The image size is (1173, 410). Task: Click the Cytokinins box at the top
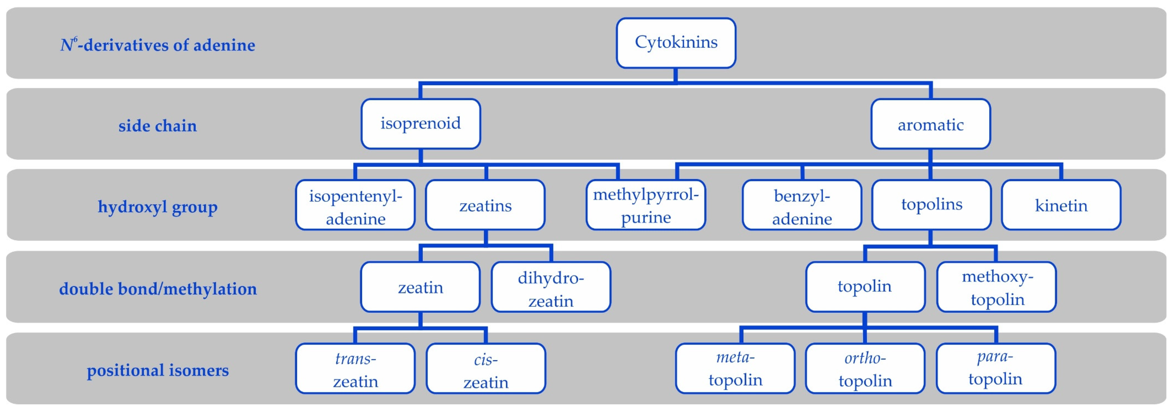(x=676, y=43)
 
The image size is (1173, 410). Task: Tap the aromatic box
(x=930, y=124)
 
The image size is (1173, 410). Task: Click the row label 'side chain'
(x=157, y=126)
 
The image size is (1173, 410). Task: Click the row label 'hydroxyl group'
(x=157, y=207)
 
